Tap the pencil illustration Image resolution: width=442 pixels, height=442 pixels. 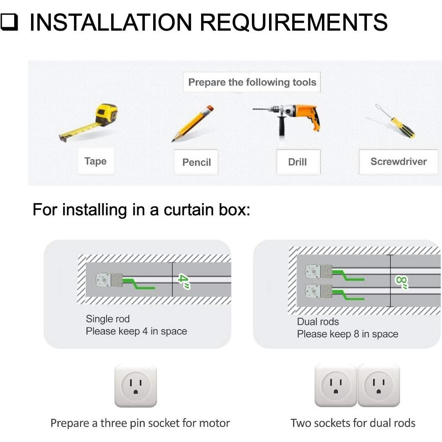pos(194,124)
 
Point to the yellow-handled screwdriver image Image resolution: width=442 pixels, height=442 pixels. pos(397,122)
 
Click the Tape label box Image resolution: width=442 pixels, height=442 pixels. pos(95,161)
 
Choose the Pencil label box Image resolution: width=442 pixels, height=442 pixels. pos(196,162)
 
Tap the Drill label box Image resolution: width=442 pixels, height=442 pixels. pos(298,162)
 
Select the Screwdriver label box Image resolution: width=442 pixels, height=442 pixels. pos(398,162)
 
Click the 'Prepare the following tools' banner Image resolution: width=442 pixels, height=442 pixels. pos(252,82)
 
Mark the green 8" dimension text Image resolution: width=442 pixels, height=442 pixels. pos(402,282)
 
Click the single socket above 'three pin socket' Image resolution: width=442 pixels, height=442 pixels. pos(136,386)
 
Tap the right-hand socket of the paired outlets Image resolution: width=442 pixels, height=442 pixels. pos(379,386)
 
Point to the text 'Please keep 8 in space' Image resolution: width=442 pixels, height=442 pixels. pos(347,334)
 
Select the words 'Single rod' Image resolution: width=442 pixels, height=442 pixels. pos(107,319)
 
